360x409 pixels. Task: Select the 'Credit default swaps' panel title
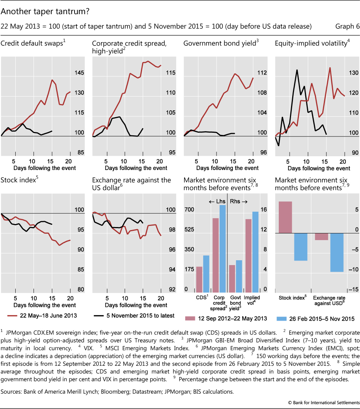click(33, 43)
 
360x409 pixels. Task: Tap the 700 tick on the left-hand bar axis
click(189, 210)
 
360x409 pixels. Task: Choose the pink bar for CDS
click(199, 279)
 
